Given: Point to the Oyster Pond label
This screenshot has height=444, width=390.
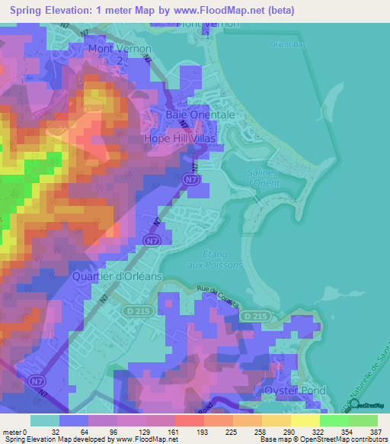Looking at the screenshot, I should point(295,390).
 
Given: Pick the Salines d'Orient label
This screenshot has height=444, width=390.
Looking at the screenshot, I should point(263,177).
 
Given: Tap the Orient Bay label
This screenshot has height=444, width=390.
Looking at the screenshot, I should point(286,44).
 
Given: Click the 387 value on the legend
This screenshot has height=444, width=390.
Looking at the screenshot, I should point(364,431).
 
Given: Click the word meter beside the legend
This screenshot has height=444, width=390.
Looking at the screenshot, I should point(11,431).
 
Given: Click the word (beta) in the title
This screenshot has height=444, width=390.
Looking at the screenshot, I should point(278,11).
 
